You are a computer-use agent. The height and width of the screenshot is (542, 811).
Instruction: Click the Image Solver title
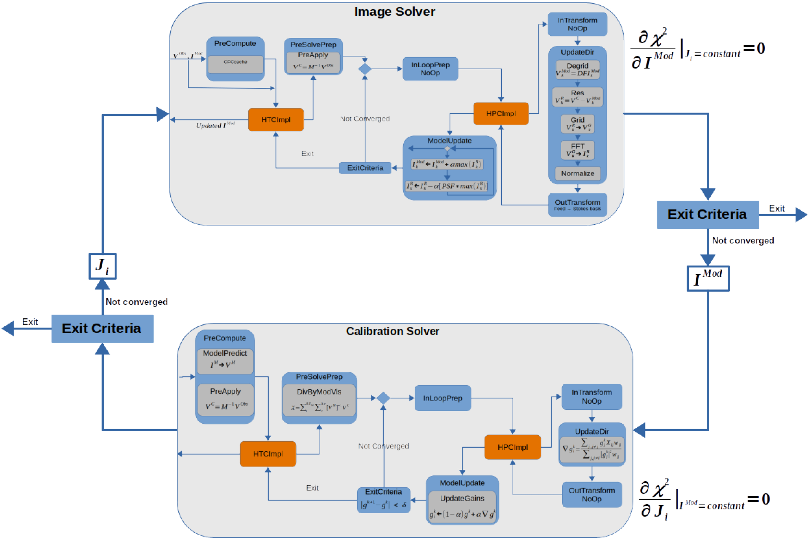[395, 12]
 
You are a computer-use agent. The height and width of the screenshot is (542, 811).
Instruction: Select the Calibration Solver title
[393, 331]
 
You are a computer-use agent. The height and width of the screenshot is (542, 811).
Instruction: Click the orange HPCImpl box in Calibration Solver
[512, 447]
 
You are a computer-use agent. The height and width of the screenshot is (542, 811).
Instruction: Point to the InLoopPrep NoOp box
[430, 69]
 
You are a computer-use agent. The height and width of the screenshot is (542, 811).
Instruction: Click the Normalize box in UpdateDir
[578, 173]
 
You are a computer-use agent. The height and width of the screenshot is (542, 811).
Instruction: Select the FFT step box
[578, 150]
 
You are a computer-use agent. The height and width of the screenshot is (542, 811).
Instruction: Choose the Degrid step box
[578, 69]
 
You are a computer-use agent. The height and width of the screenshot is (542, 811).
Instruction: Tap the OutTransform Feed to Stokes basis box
[578, 205]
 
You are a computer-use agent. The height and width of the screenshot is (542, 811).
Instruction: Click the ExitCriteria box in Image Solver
[365, 168]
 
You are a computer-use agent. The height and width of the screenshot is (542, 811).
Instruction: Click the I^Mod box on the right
[708, 278]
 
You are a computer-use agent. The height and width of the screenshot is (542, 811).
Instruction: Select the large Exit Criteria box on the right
[708, 214]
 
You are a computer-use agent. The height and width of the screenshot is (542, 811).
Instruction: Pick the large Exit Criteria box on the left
[102, 328]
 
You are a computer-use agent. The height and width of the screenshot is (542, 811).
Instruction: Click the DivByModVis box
[319, 400]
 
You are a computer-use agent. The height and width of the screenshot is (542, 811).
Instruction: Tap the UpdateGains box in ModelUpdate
[462, 506]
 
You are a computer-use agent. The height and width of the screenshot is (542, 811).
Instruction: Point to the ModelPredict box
[225, 361]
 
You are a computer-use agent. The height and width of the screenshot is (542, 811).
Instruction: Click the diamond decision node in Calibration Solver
[383, 398]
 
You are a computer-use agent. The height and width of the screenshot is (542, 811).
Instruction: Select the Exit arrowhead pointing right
[801, 215]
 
